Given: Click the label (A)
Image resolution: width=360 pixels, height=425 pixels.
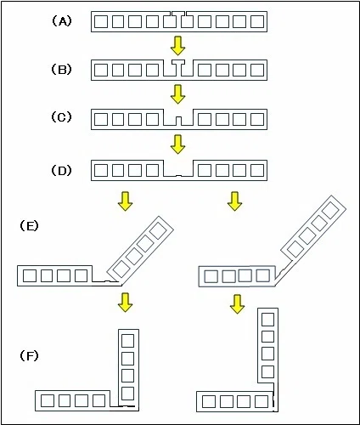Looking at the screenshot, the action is click(62, 21).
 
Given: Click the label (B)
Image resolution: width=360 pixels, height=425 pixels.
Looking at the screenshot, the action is click(61, 70).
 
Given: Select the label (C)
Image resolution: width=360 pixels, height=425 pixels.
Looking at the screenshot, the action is click(61, 117).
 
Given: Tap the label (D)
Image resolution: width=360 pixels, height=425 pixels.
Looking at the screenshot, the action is click(61, 170).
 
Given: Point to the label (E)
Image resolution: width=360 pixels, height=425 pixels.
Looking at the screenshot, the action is click(29, 226).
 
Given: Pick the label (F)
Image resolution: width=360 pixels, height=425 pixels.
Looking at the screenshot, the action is click(29, 355).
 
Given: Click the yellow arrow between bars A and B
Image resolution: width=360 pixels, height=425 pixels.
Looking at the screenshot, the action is click(177, 46).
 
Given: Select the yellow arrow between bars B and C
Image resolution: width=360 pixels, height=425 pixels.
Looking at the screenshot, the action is click(177, 94).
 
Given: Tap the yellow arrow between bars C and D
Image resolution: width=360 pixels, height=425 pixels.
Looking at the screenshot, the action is click(177, 144).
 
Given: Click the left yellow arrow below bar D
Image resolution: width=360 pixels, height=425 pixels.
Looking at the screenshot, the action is click(125, 201).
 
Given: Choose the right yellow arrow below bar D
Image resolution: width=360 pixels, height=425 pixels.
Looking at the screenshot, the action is click(234, 201).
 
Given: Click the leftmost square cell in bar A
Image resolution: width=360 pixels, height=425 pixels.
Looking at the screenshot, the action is click(101, 21).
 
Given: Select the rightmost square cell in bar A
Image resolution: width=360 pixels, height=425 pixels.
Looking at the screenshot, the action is click(257, 21).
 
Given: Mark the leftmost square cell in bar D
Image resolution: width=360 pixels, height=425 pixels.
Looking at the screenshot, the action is click(101, 170).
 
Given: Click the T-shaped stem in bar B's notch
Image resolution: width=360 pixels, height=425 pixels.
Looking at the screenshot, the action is click(178, 68).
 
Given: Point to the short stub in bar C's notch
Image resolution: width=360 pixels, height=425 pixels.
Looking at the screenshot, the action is click(178, 122).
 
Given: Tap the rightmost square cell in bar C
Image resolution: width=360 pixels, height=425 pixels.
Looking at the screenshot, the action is click(257, 119).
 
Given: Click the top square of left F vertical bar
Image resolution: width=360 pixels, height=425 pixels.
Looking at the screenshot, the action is click(127, 341).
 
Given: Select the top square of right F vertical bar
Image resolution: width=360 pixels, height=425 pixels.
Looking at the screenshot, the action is click(267, 320).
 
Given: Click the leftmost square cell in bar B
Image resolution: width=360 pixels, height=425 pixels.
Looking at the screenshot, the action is click(101, 71).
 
